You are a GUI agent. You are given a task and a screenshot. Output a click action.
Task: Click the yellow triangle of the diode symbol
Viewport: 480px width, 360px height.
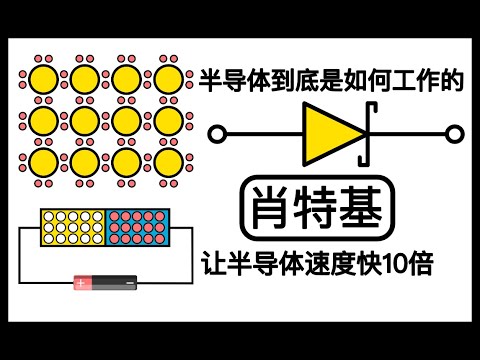click(x=329, y=132)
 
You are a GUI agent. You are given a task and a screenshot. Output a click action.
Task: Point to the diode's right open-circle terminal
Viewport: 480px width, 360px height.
click(x=455, y=133)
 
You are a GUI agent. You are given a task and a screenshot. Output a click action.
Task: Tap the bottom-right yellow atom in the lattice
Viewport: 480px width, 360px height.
click(x=166, y=161)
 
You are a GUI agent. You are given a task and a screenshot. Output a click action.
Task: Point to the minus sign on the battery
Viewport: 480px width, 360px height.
click(x=129, y=285)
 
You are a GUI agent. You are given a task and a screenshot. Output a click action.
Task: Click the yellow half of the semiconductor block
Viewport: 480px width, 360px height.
click(x=72, y=229)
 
